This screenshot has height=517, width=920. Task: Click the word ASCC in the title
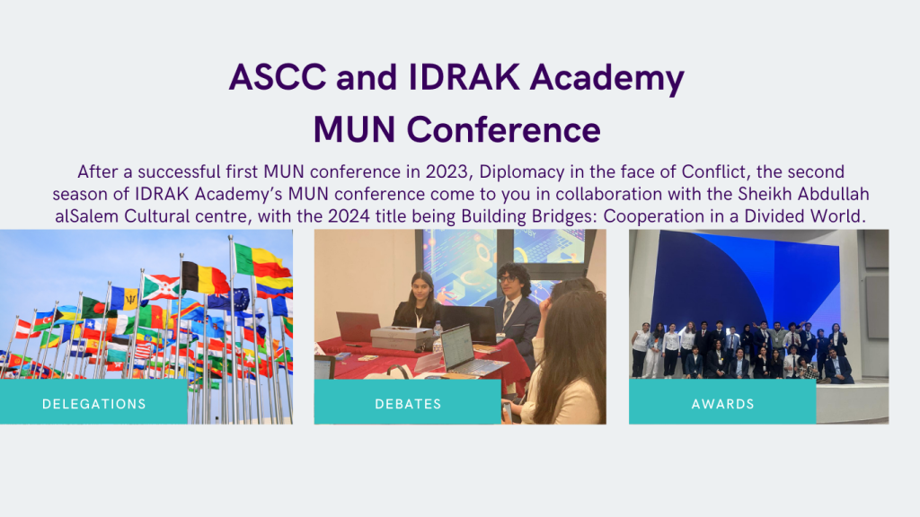click(278, 77)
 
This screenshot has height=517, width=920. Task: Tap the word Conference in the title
click(504, 129)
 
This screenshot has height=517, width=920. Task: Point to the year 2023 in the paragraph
click(447, 171)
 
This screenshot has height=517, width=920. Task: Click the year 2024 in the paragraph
click(349, 216)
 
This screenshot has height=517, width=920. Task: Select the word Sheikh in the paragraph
click(765, 194)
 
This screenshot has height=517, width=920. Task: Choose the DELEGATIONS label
click(93, 404)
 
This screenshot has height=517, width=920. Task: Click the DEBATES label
click(408, 404)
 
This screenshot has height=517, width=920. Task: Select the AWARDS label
click(722, 404)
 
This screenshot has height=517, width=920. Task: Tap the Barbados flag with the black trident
click(125, 298)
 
